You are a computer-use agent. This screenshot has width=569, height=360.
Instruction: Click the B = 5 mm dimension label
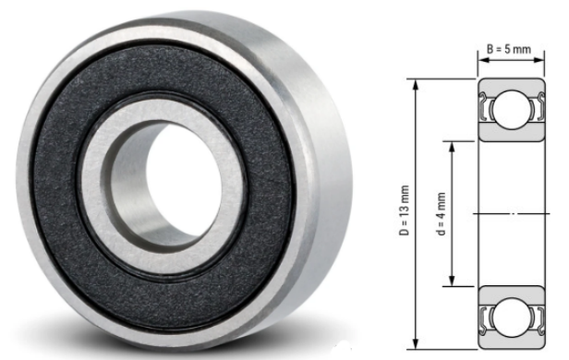tap(509, 49)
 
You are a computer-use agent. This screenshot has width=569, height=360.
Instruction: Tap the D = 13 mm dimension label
tap(405, 210)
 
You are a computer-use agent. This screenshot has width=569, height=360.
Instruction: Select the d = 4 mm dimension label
tap(441, 214)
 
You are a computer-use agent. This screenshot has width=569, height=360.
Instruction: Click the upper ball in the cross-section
tap(512, 110)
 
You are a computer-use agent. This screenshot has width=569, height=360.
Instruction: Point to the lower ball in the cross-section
tap(512, 316)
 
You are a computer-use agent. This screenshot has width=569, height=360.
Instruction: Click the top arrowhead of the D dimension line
tap(416, 85)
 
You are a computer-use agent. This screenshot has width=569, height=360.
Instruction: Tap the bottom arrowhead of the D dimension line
tap(416, 343)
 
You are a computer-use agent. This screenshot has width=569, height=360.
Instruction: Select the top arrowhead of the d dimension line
tap(452, 148)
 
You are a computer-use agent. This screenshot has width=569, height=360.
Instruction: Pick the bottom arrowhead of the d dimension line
tap(452, 281)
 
